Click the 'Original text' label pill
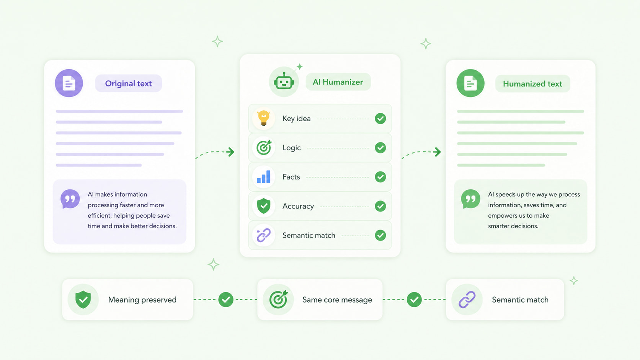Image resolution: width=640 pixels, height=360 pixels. coord(128,83)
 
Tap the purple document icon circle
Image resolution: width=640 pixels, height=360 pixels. coord(69,83)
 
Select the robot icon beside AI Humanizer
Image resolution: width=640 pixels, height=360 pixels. coord(284,82)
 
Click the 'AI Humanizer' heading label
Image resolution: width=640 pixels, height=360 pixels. coord(338,82)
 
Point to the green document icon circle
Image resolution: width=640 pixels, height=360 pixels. coord(470,83)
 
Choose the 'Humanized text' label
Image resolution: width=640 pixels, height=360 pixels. coord(532,84)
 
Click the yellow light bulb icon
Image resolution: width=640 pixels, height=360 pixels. coord(263,118)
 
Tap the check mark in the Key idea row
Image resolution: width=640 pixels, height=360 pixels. coord(380,119)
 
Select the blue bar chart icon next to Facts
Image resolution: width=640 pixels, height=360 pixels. coord(263,177)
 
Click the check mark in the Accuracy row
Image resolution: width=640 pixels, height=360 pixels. coord(380,206)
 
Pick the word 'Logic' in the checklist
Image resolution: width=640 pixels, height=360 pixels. coord(291,148)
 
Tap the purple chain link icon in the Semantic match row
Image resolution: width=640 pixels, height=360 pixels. coord(263,235)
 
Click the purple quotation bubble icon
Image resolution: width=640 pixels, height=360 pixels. coord(70,199)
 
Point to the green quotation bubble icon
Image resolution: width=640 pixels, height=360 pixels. coord(470,199)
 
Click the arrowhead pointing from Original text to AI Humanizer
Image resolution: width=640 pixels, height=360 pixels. coord(231,152)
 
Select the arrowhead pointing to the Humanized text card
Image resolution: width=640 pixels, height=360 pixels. coord(437,152)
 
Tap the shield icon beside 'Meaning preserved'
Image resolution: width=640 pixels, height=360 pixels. coord(83,300)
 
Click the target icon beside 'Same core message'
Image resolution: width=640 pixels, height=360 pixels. coord(278,300)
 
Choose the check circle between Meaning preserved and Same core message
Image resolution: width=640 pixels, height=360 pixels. coord(226,300)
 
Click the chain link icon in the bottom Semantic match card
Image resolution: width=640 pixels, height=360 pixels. coord(467,300)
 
